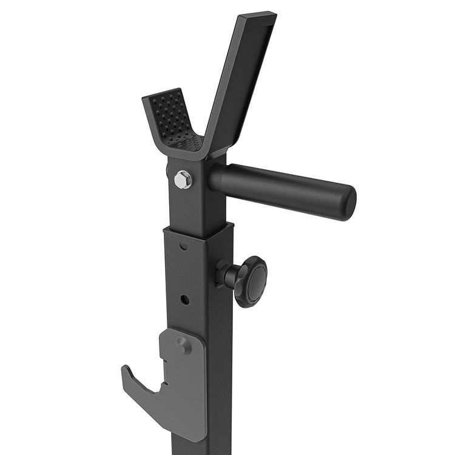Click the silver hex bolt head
tap(183, 179)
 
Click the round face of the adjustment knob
tap(256, 281)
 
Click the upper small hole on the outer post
tap(183, 246)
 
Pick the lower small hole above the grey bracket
tap(184, 299)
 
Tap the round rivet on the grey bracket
tap(183, 345)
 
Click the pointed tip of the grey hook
tap(124, 368)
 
